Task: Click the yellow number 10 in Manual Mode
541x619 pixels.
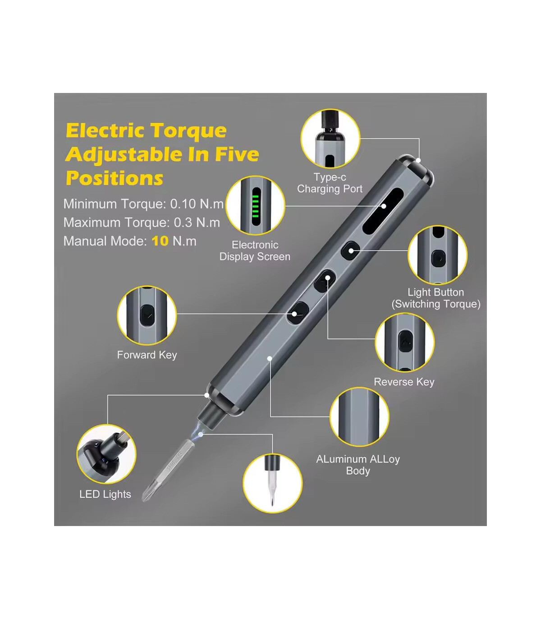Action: tap(160, 241)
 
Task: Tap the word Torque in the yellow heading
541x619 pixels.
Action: tap(188, 131)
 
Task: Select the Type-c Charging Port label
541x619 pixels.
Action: tap(330, 183)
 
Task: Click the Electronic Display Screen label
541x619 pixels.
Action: tap(255, 250)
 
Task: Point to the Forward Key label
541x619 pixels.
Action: tap(147, 355)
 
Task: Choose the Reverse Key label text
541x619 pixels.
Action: tap(404, 382)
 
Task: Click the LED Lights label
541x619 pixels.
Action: tap(105, 494)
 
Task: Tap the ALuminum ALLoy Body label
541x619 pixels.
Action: tap(358, 465)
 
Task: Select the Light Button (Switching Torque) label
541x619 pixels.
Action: tap(436, 298)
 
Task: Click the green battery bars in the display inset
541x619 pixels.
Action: tap(255, 206)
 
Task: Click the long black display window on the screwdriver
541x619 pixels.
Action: tap(383, 211)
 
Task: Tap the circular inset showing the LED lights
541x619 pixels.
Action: tap(106, 454)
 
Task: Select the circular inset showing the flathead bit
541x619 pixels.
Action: tap(273, 483)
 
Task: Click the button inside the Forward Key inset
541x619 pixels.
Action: tap(147, 315)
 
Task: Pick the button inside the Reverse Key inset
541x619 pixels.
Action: tap(405, 342)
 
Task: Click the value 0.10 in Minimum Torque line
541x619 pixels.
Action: tap(183, 204)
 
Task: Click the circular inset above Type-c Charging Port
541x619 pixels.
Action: tap(330, 138)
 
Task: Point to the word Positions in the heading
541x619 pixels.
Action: tap(115, 178)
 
